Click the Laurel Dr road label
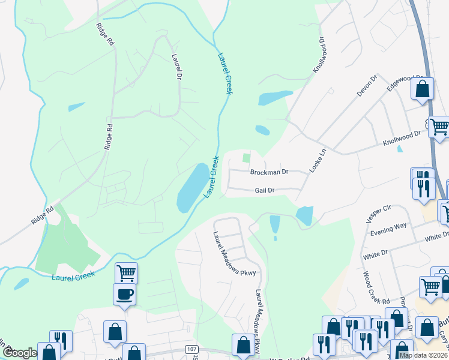point(176,67)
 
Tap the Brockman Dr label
point(269,172)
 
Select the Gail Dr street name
point(264,190)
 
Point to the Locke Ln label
point(318,161)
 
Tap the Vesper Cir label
point(378,214)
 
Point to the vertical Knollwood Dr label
point(318,55)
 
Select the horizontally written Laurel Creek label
point(73,277)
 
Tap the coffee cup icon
point(124,295)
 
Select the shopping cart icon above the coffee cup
point(126,273)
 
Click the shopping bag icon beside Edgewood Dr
point(423,89)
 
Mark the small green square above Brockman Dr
point(246,158)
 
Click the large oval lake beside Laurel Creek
point(190,187)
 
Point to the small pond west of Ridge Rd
point(76,107)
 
